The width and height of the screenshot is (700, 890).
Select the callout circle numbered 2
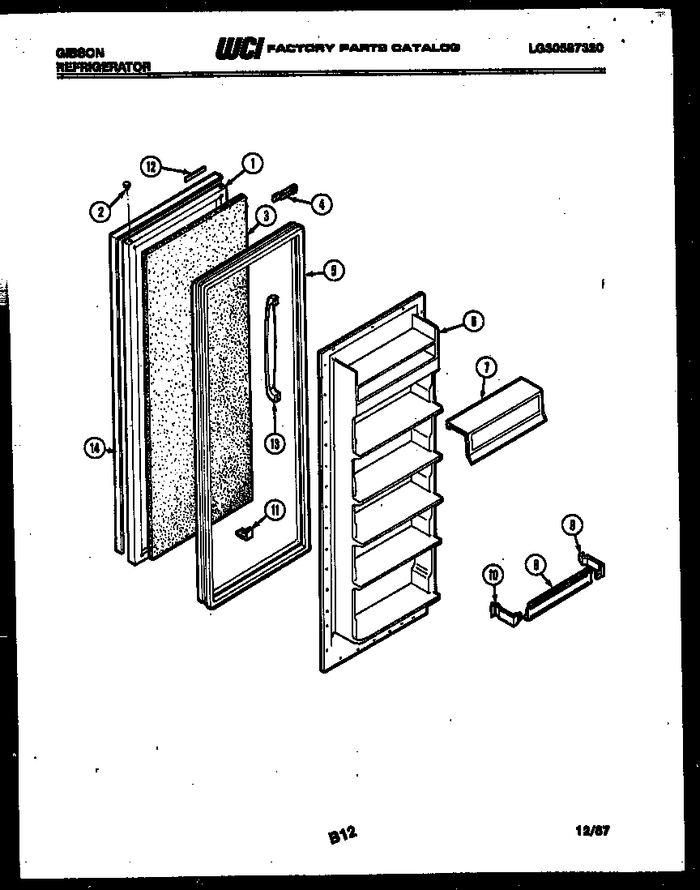(x=100, y=212)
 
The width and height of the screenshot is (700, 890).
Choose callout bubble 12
(x=150, y=166)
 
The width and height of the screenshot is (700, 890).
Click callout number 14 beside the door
(x=95, y=446)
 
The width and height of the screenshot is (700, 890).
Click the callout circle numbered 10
(x=493, y=577)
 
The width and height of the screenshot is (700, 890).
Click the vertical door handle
(x=271, y=349)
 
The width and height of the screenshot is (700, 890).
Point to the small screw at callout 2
(x=126, y=186)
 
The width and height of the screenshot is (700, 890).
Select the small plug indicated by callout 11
(x=245, y=532)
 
